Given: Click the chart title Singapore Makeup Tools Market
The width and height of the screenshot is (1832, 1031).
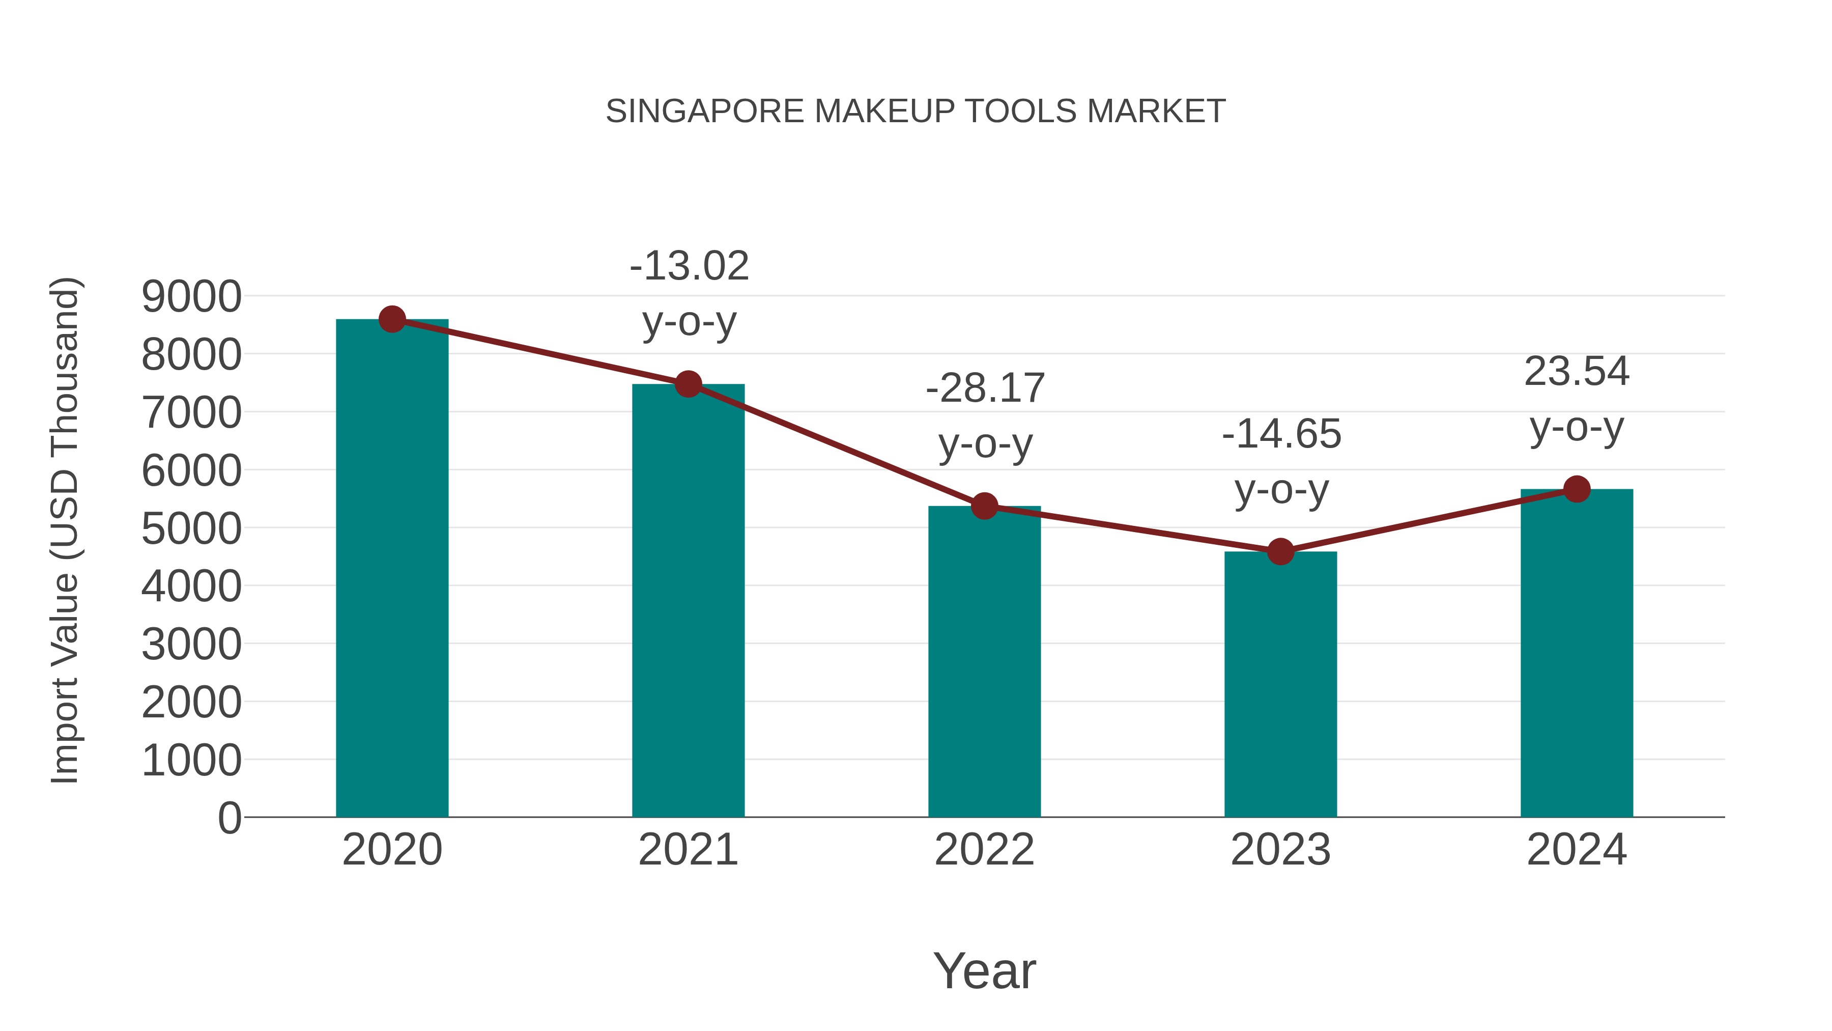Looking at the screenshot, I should click(915, 112).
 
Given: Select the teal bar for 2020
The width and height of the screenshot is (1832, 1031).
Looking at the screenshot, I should click(392, 569).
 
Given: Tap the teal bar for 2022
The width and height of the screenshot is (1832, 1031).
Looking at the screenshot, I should click(984, 662).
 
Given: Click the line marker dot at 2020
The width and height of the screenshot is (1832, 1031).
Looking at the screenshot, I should click(392, 319).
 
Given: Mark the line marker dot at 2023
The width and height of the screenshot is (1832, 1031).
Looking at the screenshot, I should click(1280, 551).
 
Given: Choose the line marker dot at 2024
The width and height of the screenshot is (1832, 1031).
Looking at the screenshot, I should click(1577, 489).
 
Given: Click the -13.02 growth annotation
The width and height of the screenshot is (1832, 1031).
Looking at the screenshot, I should click(689, 266).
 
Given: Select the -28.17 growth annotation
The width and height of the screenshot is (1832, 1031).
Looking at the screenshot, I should click(985, 388).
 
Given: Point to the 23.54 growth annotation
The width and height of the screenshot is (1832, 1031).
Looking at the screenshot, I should click(1577, 372).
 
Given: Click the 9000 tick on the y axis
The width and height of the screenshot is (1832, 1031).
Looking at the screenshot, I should click(191, 297).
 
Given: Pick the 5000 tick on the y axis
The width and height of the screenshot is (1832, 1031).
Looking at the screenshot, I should click(191, 528).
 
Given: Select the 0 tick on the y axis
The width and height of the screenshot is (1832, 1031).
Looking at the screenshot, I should click(230, 818).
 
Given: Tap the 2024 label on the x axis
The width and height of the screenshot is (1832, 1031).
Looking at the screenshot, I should click(1577, 850).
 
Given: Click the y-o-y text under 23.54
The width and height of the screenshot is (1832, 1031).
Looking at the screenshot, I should click(1577, 428).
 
